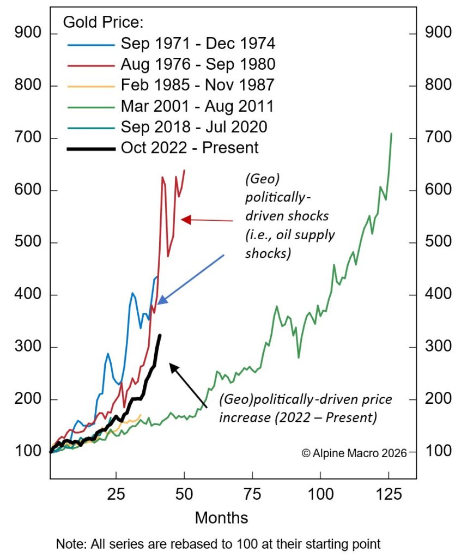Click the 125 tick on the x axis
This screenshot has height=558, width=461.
[x=388, y=495]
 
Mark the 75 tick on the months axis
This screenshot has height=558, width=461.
[x=252, y=495]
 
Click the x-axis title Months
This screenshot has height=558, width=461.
[x=221, y=517]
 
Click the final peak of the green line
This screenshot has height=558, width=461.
[x=391, y=134]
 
